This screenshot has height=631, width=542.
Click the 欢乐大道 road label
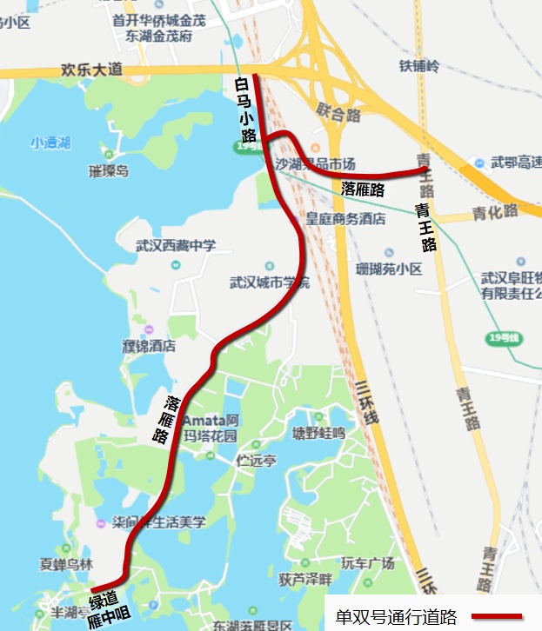[92, 69]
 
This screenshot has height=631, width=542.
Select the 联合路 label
[338, 113]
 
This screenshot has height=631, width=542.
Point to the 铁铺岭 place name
[420, 66]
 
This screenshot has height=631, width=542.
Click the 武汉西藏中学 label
[175, 247]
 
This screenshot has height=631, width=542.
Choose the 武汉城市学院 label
[269, 282]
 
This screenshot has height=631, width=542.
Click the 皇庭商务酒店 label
[345, 219]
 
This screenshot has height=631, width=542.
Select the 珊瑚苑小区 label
[389, 269]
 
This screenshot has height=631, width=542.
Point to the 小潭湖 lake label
[50, 143]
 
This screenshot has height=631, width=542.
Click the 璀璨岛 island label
[108, 171]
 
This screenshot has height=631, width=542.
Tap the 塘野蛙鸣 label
[318, 432]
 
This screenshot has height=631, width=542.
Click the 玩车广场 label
[367, 564]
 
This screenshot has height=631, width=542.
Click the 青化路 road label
[495, 210]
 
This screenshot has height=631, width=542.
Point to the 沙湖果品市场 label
[315, 163]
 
